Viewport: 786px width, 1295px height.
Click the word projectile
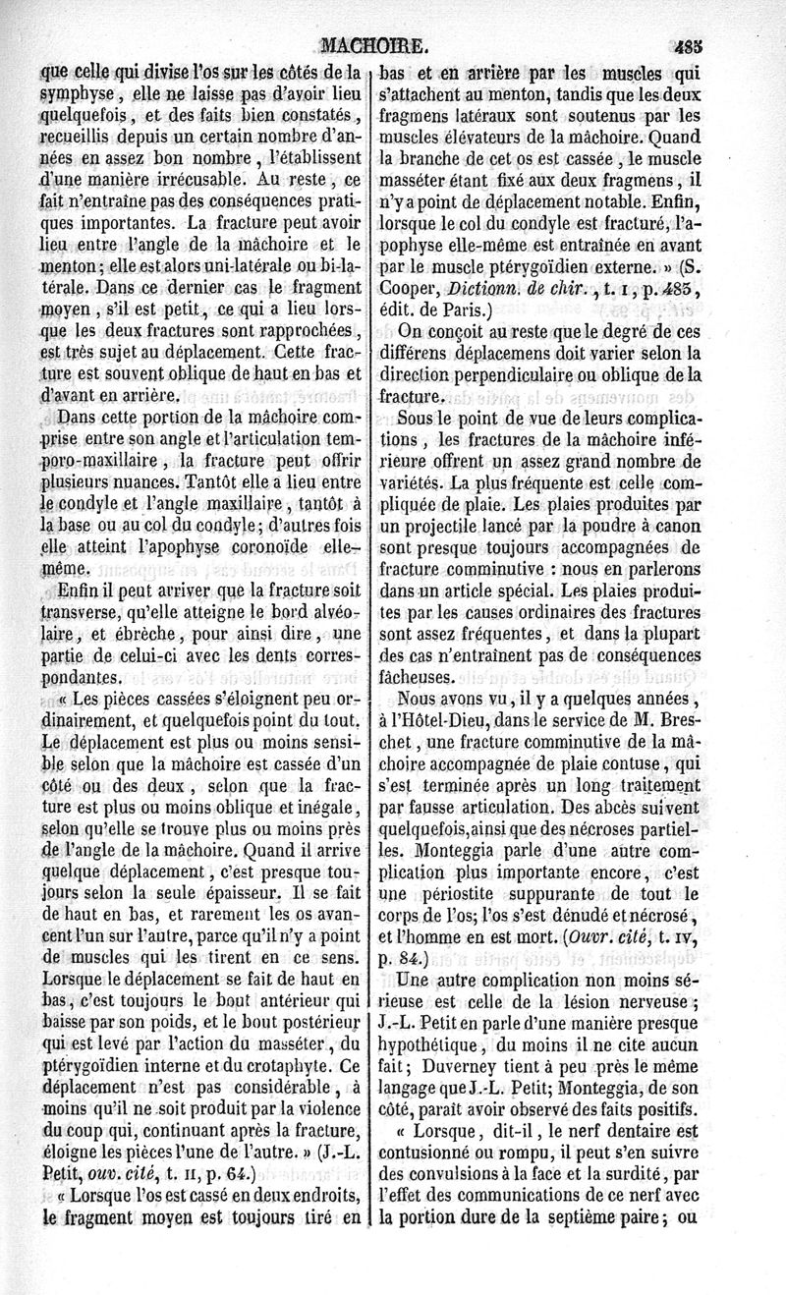point(456,526)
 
